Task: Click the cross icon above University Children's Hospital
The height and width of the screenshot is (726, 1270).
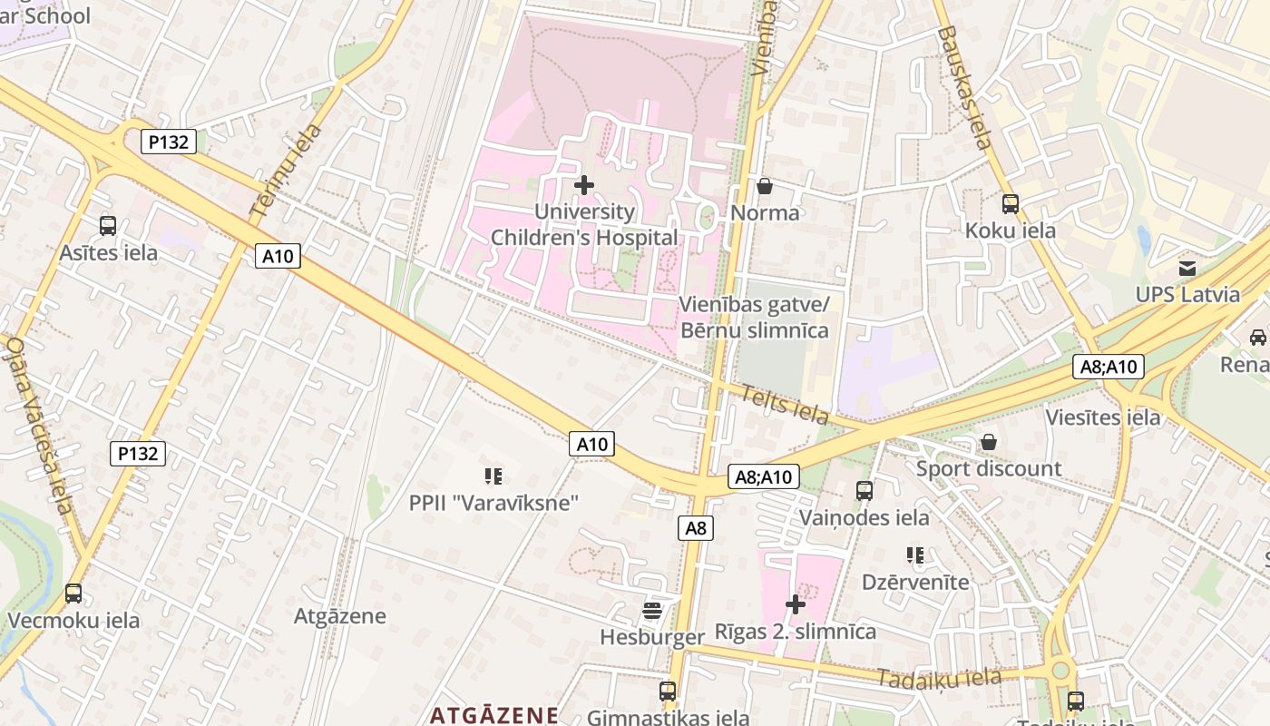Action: (x=584, y=185)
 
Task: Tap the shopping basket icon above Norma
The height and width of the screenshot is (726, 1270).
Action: (x=765, y=186)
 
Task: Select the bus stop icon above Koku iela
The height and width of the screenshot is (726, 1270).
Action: (x=1010, y=204)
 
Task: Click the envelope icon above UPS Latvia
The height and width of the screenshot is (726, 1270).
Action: (x=1187, y=269)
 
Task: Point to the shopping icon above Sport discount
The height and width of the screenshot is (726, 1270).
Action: (x=989, y=442)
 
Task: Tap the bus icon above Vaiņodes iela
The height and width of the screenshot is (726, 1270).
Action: (x=865, y=491)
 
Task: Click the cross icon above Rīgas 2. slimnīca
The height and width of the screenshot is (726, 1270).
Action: (x=796, y=604)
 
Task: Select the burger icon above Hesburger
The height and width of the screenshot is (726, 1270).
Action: (x=652, y=610)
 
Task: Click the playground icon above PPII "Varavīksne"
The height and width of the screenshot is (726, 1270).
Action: (x=493, y=476)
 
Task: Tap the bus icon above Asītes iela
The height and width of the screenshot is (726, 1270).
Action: (x=108, y=226)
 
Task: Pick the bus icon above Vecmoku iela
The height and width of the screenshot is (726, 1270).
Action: (x=73, y=594)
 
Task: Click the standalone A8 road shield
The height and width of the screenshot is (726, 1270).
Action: (x=696, y=528)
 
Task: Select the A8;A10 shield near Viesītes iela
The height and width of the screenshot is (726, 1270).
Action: (x=1109, y=367)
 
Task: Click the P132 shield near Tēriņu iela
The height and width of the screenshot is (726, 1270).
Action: (x=169, y=142)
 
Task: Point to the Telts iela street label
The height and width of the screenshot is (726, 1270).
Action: (x=785, y=405)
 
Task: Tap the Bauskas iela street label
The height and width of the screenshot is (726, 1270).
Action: (x=964, y=86)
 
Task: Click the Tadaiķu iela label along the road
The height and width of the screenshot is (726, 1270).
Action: (x=939, y=678)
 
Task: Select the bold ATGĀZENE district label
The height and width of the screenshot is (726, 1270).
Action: (x=494, y=714)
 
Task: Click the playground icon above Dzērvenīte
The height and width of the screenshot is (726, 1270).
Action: (x=914, y=554)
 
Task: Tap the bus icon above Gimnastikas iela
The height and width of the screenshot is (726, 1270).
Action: (x=668, y=692)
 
